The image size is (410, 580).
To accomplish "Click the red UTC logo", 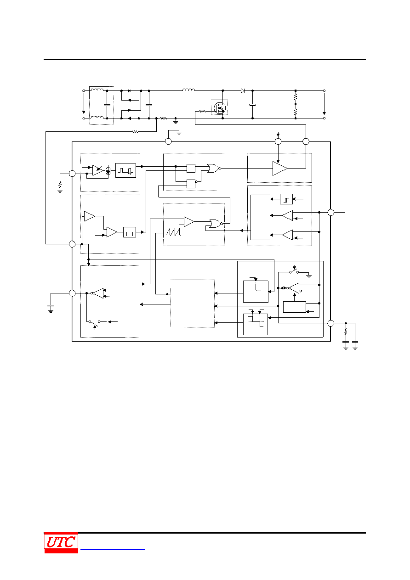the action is pyautogui.click(x=61, y=543).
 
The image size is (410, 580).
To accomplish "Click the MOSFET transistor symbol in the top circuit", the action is pyautogui.click(x=220, y=107).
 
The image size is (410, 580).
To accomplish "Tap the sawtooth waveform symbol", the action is pyautogui.click(x=173, y=232).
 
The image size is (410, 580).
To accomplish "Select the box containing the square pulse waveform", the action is pyautogui.click(x=125, y=170).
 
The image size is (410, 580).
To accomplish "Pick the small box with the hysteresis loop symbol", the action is pyautogui.click(x=286, y=199).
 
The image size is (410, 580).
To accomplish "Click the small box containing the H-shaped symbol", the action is pyautogui.click(x=129, y=232).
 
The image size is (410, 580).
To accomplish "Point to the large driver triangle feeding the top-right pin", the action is pyautogui.click(x=280, y=168).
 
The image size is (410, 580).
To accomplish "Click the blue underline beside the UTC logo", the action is pyautogui.click(x=113, y=549).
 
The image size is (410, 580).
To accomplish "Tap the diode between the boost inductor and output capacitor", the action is pyautogui.click(x=243, y=90).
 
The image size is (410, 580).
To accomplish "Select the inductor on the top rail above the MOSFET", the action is pyautogui.click(x=188, y=90).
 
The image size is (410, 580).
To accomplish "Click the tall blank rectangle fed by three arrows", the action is pyautogui.click(x=260, y=218).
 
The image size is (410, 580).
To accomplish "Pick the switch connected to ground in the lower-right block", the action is pyautogui.click(x=294, y=271).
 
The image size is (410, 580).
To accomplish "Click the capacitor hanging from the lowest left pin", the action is pyautogui.click(x=51, y=307).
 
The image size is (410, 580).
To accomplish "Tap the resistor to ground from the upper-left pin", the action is pyautogui.click(x=60, y=185).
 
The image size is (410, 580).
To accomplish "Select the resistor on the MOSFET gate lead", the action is pyautogui.click(x=202, y=111).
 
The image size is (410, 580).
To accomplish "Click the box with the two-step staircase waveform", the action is pyautogui.click(x=255, y=324).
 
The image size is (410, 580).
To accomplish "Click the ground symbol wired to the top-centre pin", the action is pyautogui.click(x=179, y=134).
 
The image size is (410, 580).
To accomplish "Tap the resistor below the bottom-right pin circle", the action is pyautogui.click(x=346, y=332).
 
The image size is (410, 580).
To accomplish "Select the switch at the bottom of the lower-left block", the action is pyautogui.click(x=94, y=323).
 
